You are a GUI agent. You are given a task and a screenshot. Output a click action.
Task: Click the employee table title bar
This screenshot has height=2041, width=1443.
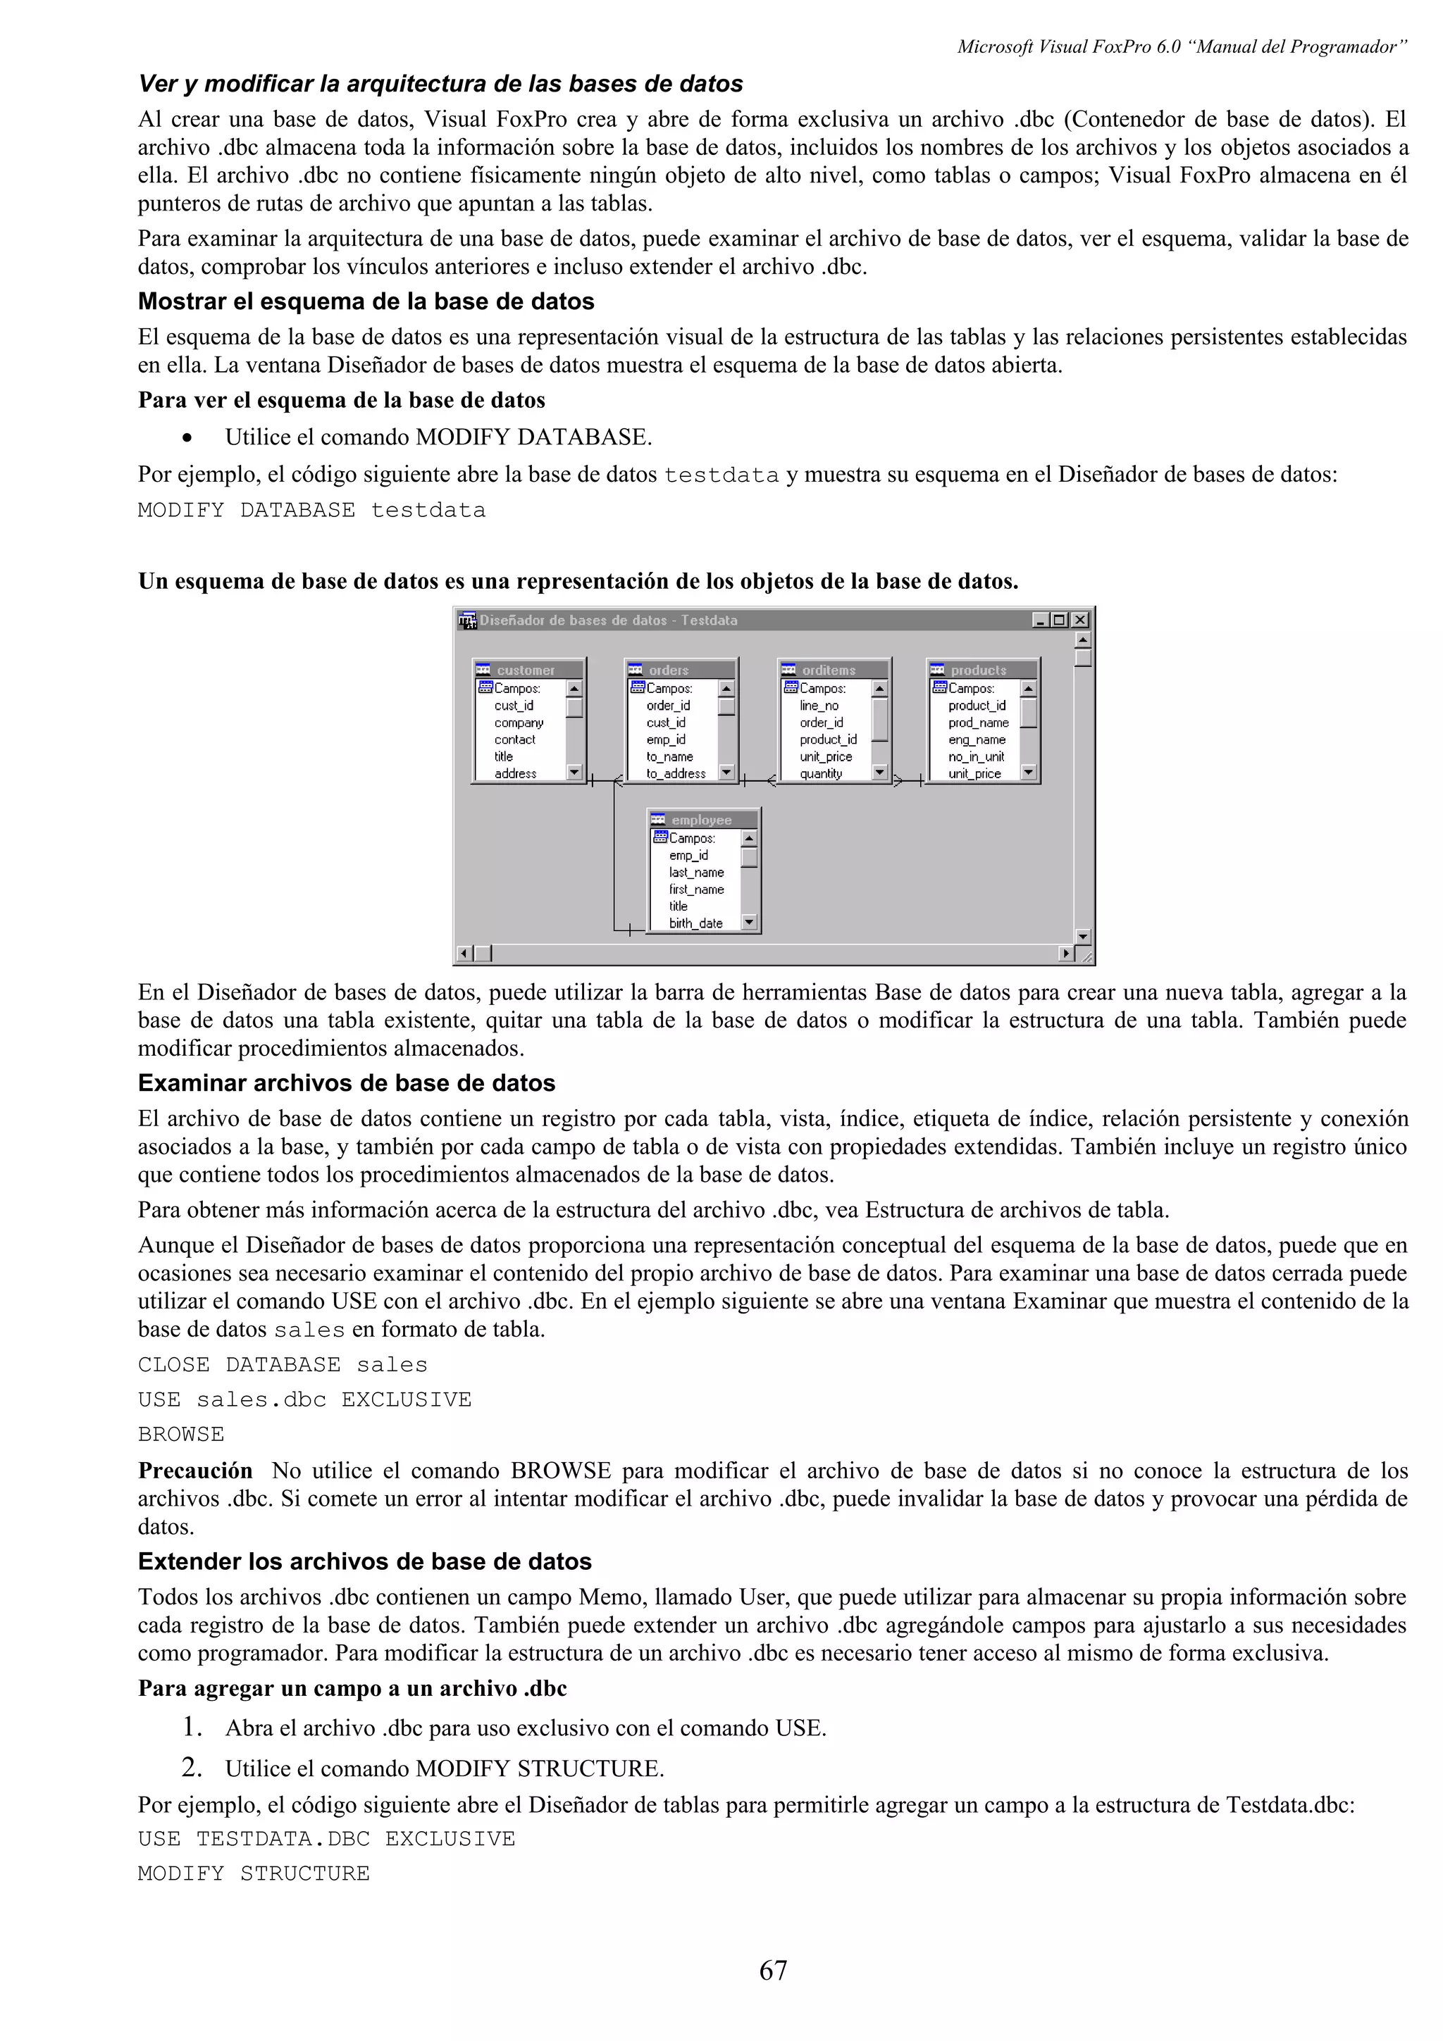point(703,820)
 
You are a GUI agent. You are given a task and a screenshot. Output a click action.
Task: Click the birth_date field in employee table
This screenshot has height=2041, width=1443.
point(695,923)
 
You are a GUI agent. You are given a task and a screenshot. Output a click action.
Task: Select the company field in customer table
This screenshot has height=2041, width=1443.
point(519,723)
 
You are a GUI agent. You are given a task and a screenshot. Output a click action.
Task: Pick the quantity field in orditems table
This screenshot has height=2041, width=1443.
point(821,773)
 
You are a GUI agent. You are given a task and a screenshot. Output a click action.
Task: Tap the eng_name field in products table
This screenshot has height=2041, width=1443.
point(977,739)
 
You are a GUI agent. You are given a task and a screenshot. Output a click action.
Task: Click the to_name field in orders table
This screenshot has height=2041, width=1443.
point(669,756)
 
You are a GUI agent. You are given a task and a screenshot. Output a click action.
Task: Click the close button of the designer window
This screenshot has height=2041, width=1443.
point(1079,620)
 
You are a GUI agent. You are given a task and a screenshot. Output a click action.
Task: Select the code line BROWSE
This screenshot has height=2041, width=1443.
point(181,1435)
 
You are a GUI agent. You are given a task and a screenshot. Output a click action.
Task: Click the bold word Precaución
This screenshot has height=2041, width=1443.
point(194,1471)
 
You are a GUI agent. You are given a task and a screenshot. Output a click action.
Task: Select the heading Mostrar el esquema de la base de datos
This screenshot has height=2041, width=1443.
point(366,302)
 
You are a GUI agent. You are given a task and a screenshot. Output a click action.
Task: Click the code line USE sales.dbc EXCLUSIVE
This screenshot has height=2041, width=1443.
point(304,1400)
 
